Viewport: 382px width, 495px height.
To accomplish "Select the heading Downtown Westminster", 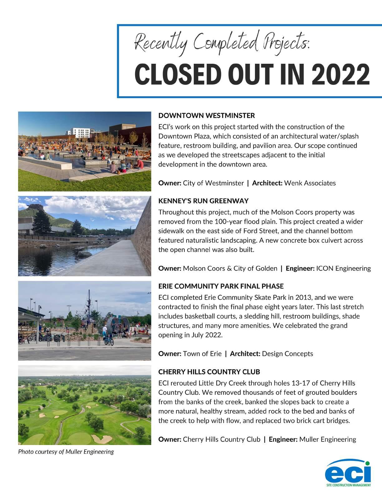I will click(x=207, y=116).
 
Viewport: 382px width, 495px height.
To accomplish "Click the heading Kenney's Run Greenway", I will click(x=203, y=201).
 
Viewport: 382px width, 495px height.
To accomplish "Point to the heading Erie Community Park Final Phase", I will click(x=221, y=286).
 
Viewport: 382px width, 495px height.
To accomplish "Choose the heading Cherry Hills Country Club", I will click(x=209, y=372).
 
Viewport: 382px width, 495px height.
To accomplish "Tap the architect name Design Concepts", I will click(x=287, y=354).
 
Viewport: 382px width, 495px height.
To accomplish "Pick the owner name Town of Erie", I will click(x=202, y=354).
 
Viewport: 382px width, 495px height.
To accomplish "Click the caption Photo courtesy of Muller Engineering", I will click(x=66, y=452).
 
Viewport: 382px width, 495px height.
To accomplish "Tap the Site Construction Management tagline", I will click(x=348, y=485).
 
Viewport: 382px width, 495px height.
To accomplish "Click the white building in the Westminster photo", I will click(x=80, y=133).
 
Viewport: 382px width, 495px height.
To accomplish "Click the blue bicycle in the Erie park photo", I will click(x=108, y=341).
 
